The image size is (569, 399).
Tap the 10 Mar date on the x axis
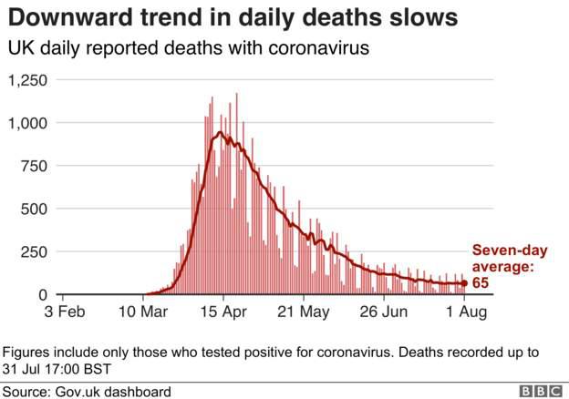[144, 312]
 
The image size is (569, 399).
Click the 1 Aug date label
[463, 312]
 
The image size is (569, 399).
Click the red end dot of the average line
[463, 283]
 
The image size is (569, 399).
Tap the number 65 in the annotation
[480, 283]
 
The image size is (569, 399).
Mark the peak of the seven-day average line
[220, 133]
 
